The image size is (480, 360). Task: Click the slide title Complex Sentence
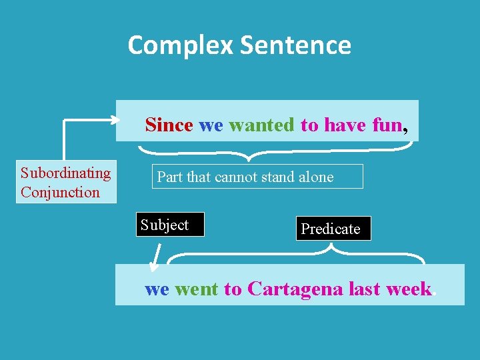point(239,45)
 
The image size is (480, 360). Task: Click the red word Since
point(169,125)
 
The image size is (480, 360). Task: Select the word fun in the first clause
point(387,125)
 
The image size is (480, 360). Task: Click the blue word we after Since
point(211,125)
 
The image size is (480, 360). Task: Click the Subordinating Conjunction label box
point(66,182)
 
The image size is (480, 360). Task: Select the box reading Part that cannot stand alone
point(257,177)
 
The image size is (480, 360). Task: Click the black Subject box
point(169,225)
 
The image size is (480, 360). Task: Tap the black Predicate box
point(331,229)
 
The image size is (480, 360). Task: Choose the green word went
point(196,289)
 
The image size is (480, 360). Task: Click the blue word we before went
point(157,289)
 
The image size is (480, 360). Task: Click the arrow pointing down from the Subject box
point(156,258)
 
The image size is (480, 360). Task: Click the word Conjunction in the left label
point(60,193)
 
